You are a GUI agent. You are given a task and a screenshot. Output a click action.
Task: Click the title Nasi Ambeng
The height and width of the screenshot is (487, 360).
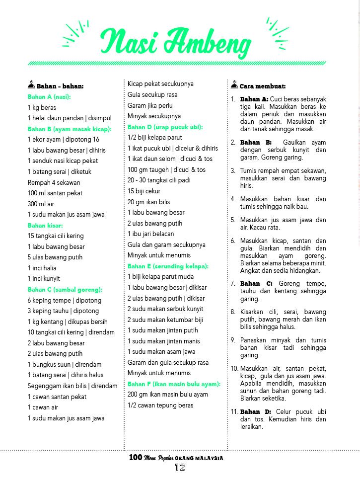[176, 42]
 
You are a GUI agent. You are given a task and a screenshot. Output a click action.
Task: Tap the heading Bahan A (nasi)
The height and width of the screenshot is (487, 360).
[49, 97]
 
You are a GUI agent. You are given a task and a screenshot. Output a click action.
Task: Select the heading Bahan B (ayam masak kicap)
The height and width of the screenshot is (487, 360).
[70, 129]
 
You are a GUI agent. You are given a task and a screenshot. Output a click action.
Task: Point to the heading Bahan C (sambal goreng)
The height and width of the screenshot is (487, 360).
[65, 289]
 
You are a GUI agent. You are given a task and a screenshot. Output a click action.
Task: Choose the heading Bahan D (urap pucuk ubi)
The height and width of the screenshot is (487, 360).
[165, 127]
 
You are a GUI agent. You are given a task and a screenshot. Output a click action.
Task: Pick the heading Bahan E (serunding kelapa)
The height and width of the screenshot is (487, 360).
[168, 266]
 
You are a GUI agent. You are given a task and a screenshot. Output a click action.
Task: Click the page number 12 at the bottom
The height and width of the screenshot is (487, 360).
[179, 468]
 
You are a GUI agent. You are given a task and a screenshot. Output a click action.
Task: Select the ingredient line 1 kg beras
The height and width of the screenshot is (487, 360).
[42, 107]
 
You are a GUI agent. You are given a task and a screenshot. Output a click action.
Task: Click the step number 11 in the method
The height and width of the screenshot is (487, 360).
[234, 411]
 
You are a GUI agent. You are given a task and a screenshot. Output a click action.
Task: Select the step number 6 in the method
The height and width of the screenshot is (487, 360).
[232, 241]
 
